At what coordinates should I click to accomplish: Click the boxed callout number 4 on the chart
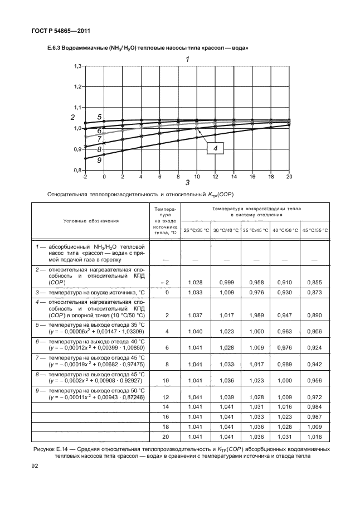[215, 148]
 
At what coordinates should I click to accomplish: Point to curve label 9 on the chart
[99, 160]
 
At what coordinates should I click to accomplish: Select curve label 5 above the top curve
[99, 117]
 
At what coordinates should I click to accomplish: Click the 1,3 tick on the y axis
[77, 66]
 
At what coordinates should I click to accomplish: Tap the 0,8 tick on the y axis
[77, 170]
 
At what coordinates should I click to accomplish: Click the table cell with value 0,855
[315, 283]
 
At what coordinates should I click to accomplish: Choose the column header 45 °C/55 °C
[315, 230]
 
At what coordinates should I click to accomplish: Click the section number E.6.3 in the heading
[55, 49]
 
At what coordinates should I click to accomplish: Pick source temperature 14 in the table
[164, 408]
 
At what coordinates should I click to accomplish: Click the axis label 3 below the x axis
[187, 183]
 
